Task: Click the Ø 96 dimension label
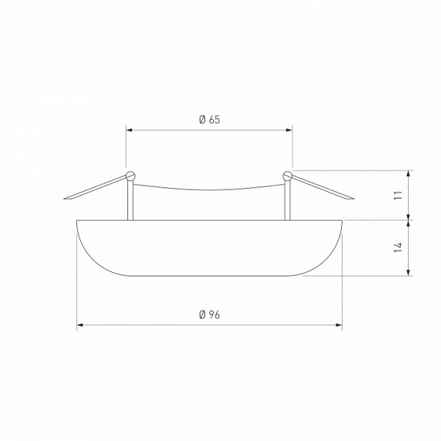click(209, 315)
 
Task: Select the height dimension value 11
click(398, 195)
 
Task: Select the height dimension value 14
click(398, 248)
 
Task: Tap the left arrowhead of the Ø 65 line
click(130, 130)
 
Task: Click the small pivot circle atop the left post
click(130, 175)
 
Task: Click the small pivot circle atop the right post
click(287, 175)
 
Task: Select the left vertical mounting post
click(131, 198)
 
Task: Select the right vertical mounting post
click(287, 198)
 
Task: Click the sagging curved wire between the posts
click(209, 188)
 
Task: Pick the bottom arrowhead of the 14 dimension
click(409, 273)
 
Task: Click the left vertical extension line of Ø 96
click(76, 294)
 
